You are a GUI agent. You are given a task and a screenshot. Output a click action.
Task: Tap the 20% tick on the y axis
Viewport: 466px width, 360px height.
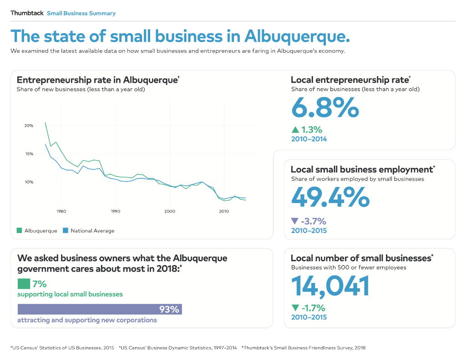click(x=29, y=126)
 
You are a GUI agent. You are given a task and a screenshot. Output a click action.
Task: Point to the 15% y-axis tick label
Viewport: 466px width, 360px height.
click(x=29, y=154)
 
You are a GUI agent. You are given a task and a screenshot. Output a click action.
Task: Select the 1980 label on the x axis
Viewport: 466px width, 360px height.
click(x=61, y=211)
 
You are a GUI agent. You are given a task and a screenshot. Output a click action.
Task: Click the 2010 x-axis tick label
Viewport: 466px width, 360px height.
click(x=224, y=211)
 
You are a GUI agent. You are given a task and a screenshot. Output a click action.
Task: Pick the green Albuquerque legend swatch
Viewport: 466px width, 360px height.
click(x=20, y=231)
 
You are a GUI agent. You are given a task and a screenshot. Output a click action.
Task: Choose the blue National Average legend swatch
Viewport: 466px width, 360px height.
click(x=66, y=231)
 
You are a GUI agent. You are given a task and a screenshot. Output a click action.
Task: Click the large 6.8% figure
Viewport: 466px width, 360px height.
click(x=325, y=108)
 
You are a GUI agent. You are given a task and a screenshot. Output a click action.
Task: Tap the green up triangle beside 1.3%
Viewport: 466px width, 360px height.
click(x=295, y=130)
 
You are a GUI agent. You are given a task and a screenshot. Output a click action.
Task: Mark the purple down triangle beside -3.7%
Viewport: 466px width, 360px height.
click(x=295, y=222)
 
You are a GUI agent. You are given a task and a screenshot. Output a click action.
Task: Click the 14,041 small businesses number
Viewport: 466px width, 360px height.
click(x=330, y=285)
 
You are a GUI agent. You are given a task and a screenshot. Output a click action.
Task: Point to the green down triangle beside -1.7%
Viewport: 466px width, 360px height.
click(x=295, y=308)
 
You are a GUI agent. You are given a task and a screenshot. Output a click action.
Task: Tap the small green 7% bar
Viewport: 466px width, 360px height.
click(x=24, y=284)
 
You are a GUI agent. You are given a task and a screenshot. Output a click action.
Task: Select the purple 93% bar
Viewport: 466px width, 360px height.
click(x=100, y=309)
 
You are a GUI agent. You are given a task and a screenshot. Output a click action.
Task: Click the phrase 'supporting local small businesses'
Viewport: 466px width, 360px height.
click(x=70, y=294)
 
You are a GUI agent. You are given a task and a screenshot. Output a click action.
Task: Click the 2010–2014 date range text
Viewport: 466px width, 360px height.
click(x=309, y=139)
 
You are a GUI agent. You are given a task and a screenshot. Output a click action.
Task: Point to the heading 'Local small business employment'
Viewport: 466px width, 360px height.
click(x=361, y=170)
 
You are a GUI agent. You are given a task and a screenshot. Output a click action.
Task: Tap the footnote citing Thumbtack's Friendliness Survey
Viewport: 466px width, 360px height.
click(x=304, y=348)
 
